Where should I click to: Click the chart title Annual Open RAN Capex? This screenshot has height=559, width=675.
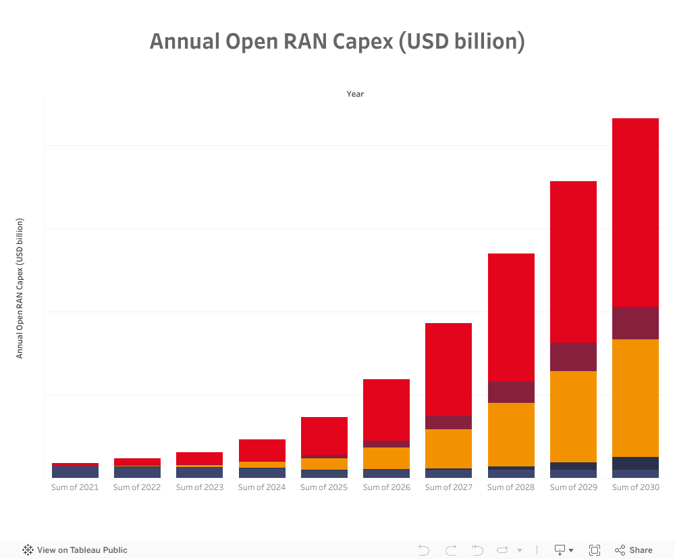pos(337,42)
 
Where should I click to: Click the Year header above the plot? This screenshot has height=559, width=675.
pos(355,94)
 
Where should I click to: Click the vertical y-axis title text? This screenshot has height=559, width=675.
pos(20,288)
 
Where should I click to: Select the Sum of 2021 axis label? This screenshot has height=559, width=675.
pos(75,487)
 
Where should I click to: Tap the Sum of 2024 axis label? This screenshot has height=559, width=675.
pos(262,487)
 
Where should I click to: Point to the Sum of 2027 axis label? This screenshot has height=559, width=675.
pos(448,487)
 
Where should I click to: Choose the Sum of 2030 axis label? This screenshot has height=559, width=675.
pos(635,487)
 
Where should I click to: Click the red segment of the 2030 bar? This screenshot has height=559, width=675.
pos(635,212)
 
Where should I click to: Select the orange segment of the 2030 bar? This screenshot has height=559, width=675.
pos(635,397)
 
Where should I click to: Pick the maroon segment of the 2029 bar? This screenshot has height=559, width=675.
pos(573,357)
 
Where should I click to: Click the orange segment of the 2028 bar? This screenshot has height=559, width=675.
pos(511,434)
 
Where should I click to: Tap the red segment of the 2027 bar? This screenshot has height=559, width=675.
pos(448,369)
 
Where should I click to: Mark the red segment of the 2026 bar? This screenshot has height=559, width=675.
pos(386,410)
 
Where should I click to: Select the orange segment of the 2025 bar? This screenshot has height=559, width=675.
pos(324,464)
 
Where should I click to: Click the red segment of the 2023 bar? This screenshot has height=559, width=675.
pos(199,458)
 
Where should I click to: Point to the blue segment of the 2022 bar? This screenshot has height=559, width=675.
pos(137,472)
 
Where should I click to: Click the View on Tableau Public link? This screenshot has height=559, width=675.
pos(75,550)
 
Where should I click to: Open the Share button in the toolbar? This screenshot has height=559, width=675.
pos(634,550)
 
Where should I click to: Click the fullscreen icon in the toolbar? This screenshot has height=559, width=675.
pos(595,550)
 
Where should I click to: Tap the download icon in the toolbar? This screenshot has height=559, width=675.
pos(560,550)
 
